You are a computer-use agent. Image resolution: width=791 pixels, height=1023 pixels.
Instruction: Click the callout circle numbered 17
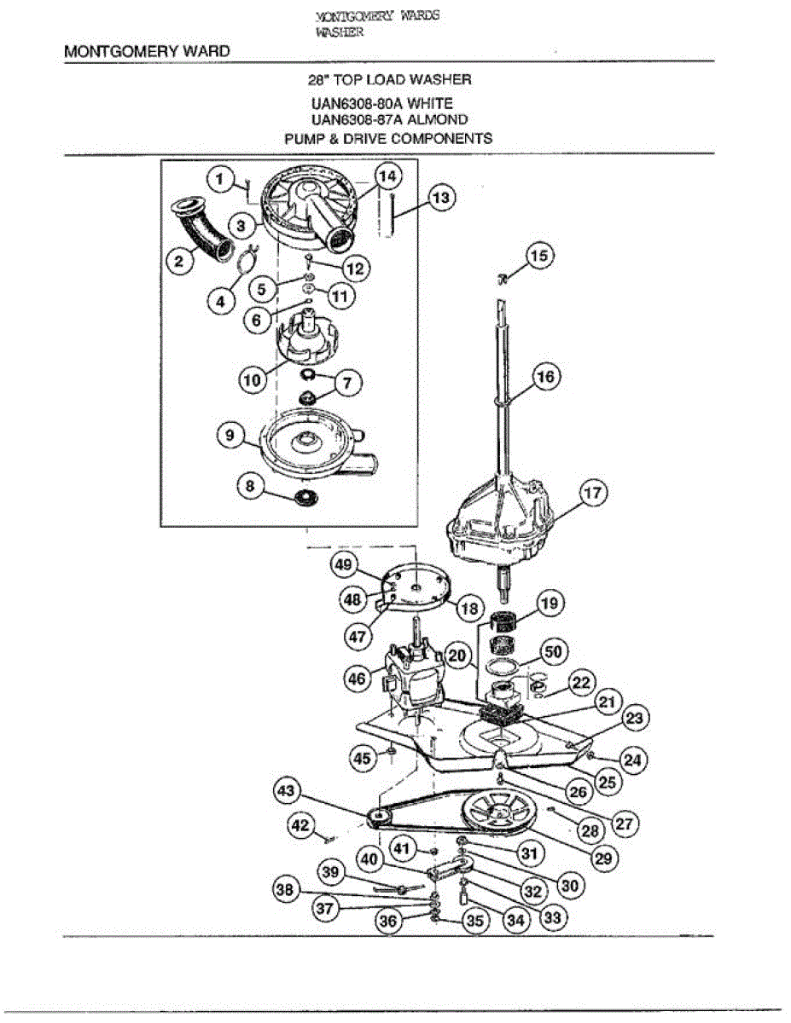click(x=592, y=494)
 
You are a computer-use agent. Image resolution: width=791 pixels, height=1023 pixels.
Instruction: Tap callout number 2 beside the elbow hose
click(x=179, y=260)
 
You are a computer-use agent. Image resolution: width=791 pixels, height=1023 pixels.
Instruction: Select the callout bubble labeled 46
click(x=358, y=679)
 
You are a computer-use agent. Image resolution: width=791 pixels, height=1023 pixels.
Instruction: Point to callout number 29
click(x=603, y=858)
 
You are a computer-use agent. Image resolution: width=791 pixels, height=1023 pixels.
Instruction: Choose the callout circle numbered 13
click(x=441, y=197)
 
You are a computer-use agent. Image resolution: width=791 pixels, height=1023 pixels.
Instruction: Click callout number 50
click(x=553, y=652)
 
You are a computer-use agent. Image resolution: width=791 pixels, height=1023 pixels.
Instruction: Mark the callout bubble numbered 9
click(x=230, y=435)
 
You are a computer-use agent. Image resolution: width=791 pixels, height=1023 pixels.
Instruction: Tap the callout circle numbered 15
click(x=539, y=256)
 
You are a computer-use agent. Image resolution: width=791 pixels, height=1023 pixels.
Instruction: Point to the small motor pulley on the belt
click(x=380, y=817)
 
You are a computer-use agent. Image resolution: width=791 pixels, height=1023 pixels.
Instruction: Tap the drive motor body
click(x=415, y=677)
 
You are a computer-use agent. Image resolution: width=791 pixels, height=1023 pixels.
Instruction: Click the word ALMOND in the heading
click(x=437, y=119)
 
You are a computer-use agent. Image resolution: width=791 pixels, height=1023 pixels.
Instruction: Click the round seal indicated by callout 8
click(x=305, y=497)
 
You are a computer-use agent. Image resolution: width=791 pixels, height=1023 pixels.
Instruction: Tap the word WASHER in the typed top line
click(x=340, y=32)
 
